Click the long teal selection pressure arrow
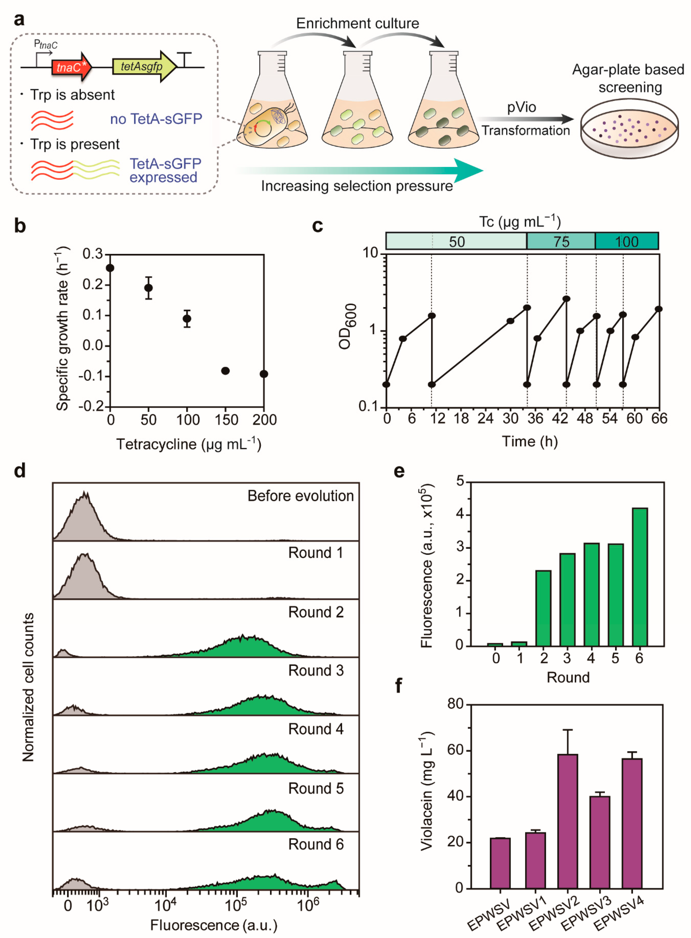[360, 170]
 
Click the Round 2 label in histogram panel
[316, 612]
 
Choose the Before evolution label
[300, 496]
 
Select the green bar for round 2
[543, 608]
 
